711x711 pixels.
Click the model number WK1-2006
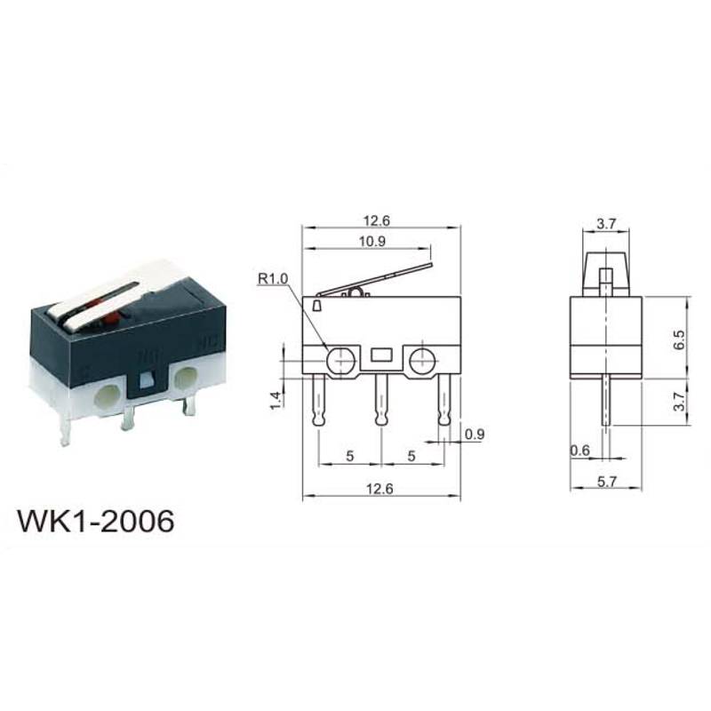click(96, 521)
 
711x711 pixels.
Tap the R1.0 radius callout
click(273, 279)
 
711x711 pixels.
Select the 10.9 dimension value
click(372, 241)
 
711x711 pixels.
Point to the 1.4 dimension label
click(276, 401)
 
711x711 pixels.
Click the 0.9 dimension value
click(475, 435)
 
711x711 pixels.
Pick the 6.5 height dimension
click(679, 340)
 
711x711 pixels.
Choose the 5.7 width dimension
click(606, 481)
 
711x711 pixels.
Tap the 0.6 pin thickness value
click(580, 451)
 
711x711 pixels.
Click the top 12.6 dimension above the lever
click(376, 220)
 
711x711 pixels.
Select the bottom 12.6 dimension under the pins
click(380, 488)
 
